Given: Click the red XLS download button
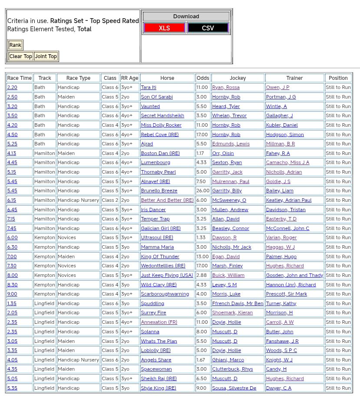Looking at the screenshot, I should [164, 28].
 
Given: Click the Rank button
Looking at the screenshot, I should [15, 45].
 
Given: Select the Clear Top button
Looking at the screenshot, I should [21, 56].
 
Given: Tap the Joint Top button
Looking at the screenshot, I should [46, 56].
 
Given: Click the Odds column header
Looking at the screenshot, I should [203, 78].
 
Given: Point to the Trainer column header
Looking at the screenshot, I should [294, 78].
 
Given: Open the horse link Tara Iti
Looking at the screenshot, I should [149, 88].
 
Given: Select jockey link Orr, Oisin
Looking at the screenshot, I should [223, 153].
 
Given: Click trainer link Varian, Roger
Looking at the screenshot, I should [281, 238].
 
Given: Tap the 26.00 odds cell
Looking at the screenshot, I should [203, 191].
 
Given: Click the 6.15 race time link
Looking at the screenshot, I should [12, 201].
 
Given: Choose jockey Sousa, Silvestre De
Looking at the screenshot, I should [234, 388].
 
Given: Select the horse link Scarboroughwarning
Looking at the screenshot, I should [165, 294].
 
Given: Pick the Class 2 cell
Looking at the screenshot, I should [110, 201].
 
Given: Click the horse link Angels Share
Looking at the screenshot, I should [156, 360].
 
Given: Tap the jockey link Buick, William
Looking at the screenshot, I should [228, 276].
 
